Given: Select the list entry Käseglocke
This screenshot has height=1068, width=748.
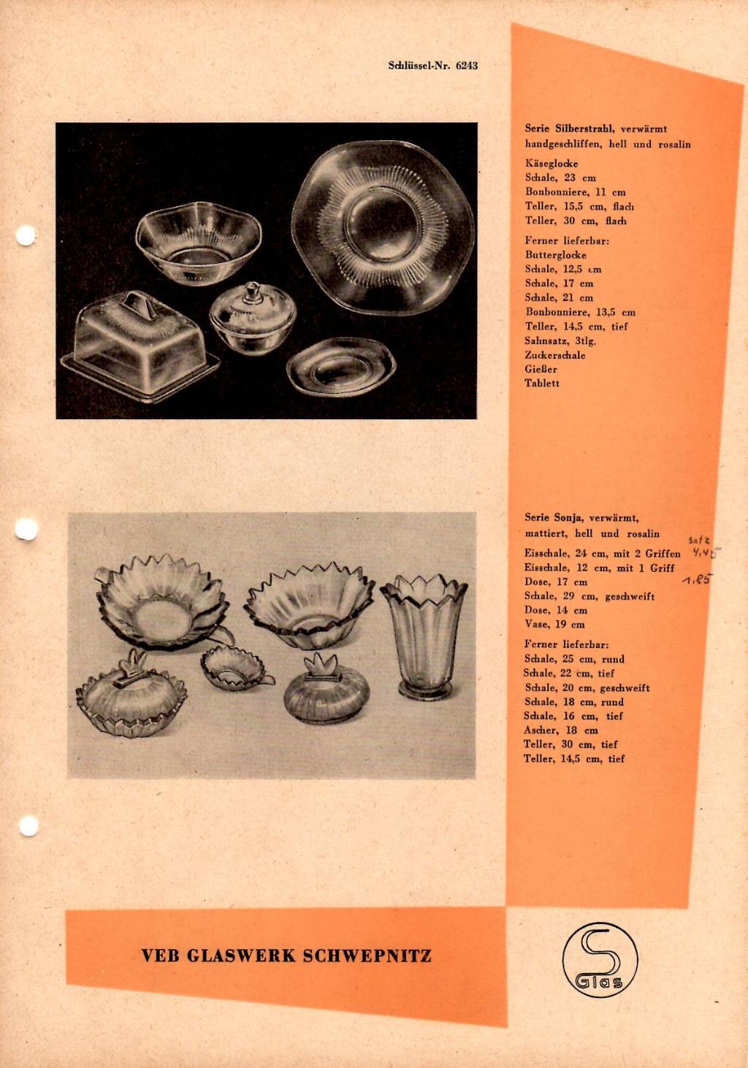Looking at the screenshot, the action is pos(552,164).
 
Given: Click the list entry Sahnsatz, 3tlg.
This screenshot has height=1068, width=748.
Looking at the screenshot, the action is pos(561,341).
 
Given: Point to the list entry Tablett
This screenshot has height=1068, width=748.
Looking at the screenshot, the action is pos(542,383).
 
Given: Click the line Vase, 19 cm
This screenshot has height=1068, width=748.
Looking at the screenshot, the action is pos(554,625).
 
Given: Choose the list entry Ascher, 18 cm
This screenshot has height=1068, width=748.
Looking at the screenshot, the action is pos(561,731).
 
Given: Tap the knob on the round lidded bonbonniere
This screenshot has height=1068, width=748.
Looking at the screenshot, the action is pos(251,291).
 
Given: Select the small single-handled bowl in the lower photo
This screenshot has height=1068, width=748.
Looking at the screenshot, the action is pos(237,666).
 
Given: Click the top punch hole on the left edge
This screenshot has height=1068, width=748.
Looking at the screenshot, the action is pos(26,236).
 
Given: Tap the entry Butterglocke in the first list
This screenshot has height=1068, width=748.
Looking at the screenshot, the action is pos(556,255).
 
